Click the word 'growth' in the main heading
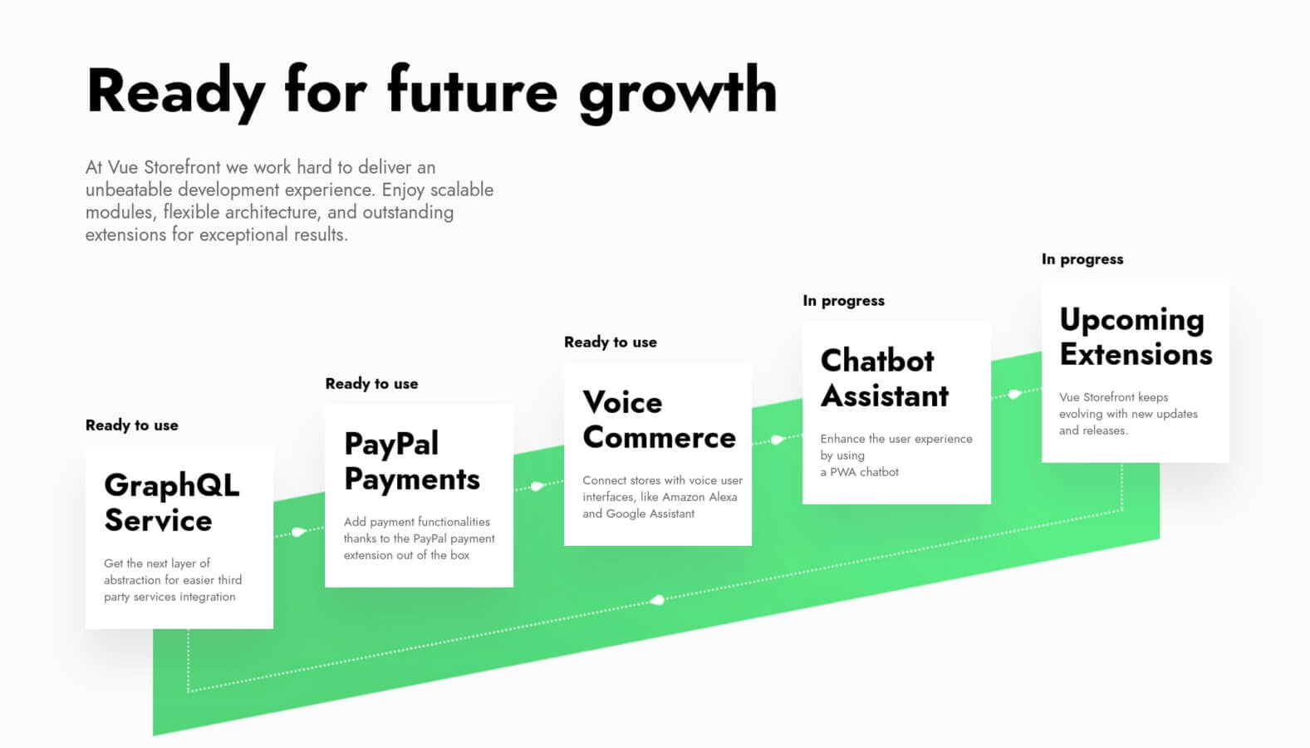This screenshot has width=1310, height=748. (x=678, y=94)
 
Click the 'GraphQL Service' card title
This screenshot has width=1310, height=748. (x=172, y=503)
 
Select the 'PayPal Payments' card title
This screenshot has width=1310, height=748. (x=412, y=461)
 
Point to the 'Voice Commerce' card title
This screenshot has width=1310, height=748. (x=659, y=420)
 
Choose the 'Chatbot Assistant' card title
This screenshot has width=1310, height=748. (x=884, y=378)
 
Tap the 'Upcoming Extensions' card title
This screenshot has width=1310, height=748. (x=1136, y=337)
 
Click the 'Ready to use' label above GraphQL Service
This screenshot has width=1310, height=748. (x=131, y=425)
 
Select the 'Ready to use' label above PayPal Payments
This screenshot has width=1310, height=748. (x=371, y=383)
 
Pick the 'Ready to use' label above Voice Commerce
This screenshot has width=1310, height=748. (x=610, y=342)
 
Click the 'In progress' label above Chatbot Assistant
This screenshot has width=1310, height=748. (x=843, y=301)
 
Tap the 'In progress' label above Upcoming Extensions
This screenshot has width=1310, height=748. (x=1082, y=259)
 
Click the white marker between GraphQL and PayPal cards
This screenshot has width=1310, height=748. (x=298, y=531)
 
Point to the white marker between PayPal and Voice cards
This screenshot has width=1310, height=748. (x=537, y=486)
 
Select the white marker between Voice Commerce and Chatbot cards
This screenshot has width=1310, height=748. (x=778, y=440)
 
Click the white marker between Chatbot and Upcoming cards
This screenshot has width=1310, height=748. (x=1014, y=394)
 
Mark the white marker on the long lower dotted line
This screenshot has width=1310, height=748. (x=657, y=600)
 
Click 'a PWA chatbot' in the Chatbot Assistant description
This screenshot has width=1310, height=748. (x=859, y=472)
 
